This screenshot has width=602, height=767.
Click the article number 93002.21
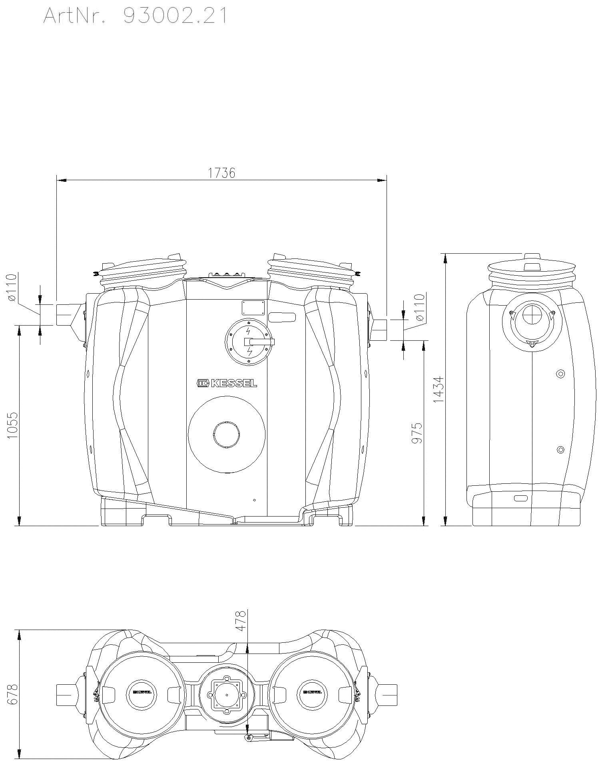(175, 16)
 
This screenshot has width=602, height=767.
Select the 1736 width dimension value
(221, 173)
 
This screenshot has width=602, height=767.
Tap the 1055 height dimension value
(13, 426)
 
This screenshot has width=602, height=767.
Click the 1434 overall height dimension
(439, 389)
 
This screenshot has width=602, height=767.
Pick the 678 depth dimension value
(13, 695)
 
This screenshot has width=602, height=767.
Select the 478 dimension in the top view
(240, 621)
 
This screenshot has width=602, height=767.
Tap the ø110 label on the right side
(420, 308)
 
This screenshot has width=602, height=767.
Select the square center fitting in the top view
(227, 694)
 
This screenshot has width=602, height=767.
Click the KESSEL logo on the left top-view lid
(142, 692)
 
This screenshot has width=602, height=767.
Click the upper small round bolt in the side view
(560, 374)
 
